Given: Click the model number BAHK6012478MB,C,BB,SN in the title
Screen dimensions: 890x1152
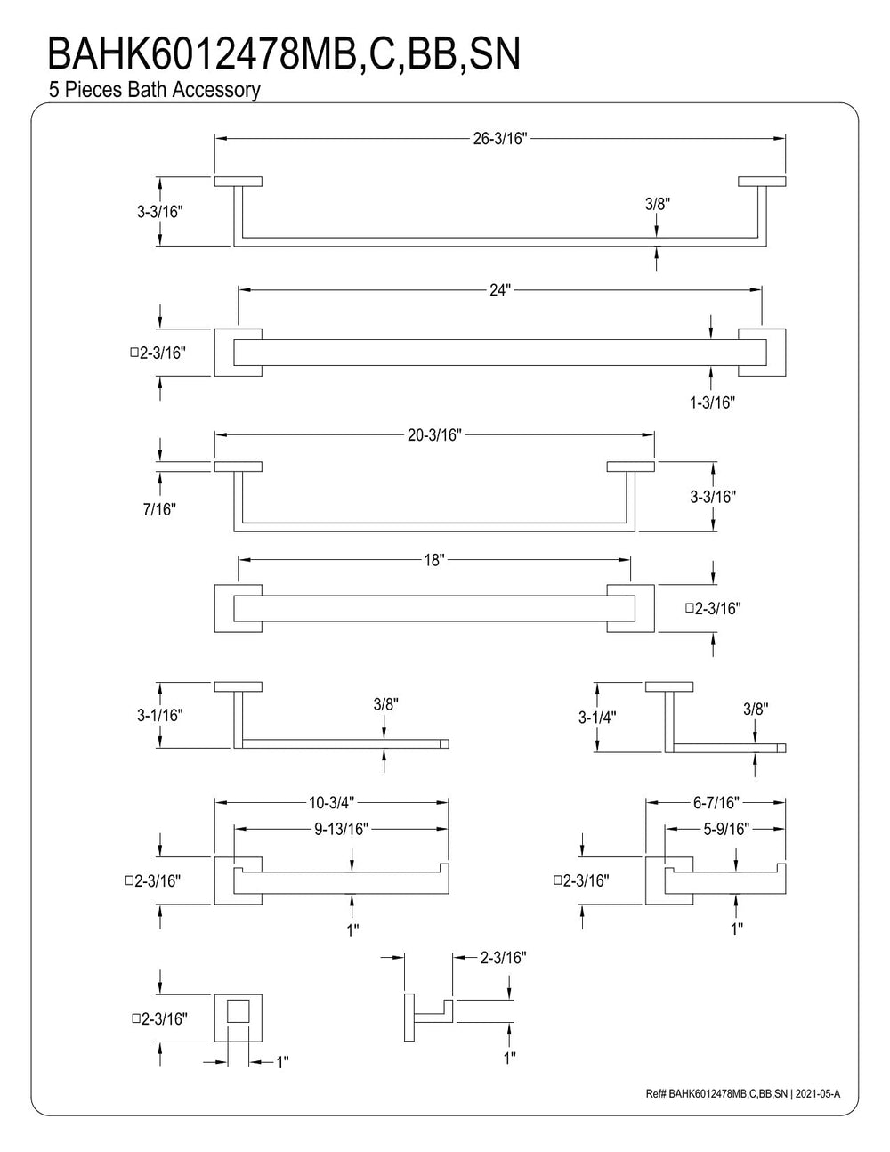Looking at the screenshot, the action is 284,54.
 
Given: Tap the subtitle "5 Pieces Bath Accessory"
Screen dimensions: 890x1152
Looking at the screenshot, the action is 154,90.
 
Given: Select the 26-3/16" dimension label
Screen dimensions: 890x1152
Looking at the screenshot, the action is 500,139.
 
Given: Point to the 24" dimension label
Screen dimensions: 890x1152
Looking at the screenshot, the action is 499,290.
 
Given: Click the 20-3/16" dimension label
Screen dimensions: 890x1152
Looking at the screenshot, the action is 434,435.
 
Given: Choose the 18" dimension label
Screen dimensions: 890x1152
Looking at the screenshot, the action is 434,560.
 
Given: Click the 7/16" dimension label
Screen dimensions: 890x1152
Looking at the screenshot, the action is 159,509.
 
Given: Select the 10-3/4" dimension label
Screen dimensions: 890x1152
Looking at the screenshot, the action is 331,803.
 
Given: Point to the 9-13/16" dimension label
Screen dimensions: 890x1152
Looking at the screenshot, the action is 341,829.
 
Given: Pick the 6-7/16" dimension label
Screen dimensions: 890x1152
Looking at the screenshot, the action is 716,803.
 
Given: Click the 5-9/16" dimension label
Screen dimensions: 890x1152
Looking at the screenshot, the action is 726,829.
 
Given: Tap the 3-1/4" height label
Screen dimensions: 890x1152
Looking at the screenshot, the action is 597,718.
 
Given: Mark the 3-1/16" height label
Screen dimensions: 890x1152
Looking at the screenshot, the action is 160,715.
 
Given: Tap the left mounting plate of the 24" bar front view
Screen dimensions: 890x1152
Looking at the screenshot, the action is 238,353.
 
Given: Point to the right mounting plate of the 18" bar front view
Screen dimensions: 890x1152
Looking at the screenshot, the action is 630,609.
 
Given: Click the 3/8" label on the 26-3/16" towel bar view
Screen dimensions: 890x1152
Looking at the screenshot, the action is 658,204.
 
